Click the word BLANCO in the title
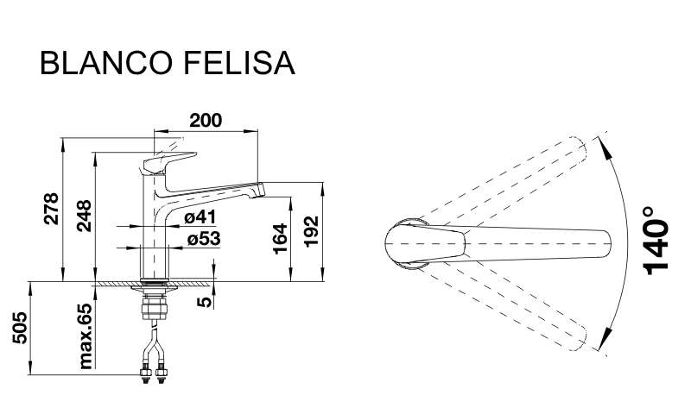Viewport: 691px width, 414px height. click(x=105, y=63)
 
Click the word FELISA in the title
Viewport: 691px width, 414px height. click(x=238, y=63)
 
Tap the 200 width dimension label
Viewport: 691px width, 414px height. click(x=206, y=120)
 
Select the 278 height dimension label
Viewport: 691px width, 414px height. click(x=52, y=209)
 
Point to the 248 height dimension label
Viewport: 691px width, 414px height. click(x=84, y=216)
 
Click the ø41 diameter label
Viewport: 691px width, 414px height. click(x=200, y=216)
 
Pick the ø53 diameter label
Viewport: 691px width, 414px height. click(x=204, y=239)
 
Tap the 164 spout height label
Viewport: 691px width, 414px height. click(x=280, y=239)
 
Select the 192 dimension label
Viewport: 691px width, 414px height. click(x=312, y=231)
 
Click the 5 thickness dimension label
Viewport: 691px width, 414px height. click(x=205, y=302)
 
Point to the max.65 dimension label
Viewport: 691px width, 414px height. click(x=85, y=336)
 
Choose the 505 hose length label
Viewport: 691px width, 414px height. click(x=20, y=328)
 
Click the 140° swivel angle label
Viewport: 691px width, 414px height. click(x=656, y=241)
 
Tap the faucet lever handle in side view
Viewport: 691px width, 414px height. click(x=170, y=162)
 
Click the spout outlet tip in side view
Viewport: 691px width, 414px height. click(x=257, y=190)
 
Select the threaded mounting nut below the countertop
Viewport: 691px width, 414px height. click(x=155, y=306)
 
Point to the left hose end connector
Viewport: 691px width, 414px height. click(x=144, y=374)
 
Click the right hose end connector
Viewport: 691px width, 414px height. click(x=162, y=374)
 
